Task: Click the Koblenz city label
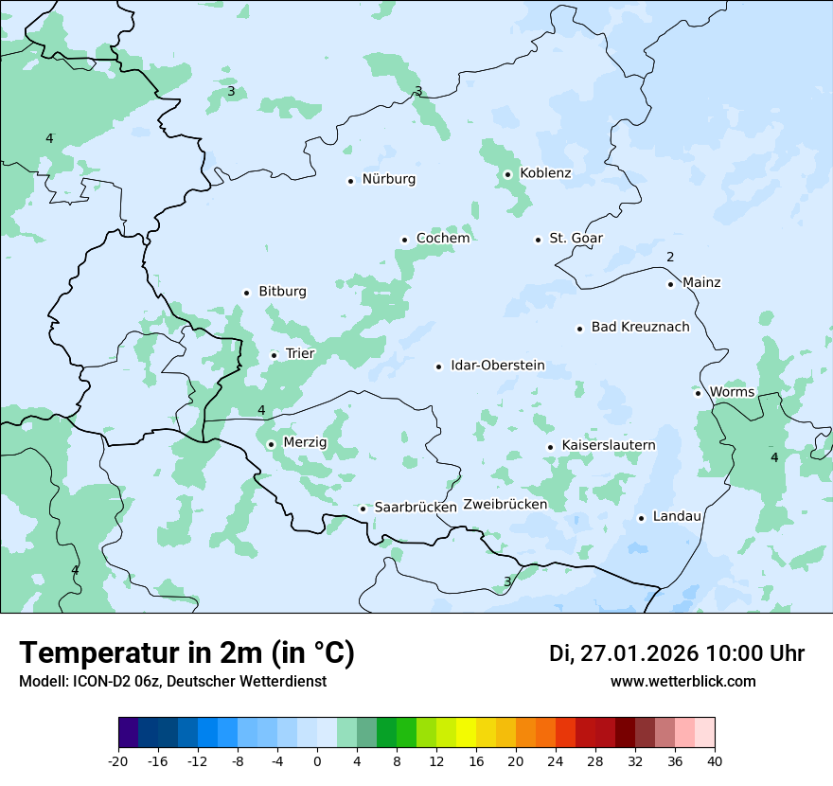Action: point(545,173)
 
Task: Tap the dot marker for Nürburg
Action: point(350,181)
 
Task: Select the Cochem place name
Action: point(442,239)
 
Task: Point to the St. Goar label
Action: point(576,239)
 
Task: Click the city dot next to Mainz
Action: point(670,284)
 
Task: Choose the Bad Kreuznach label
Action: point(640,328)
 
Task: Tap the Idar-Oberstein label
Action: point(497,366)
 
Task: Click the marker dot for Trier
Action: point(274,356)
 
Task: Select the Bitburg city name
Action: point(282,292)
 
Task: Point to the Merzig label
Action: point(305,443)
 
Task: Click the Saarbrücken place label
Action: point(416,508)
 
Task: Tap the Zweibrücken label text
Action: point(505,505)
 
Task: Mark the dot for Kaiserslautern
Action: point(550,447)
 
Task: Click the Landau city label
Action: point(677,517)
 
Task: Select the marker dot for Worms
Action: point(698,393)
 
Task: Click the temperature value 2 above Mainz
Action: point(670,258)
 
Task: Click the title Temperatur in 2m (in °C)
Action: point(186,653)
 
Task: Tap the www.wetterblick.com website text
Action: point(682,682)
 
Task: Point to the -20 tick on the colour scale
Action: point(118,761)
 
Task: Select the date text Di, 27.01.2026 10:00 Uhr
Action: point(677,653)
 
